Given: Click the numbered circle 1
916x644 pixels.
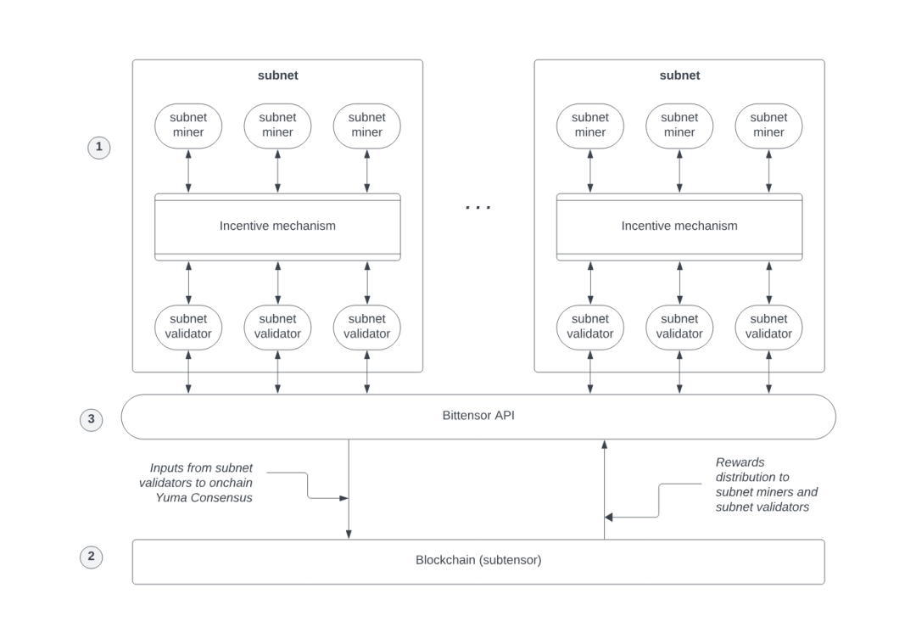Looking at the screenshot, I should coord(99,148).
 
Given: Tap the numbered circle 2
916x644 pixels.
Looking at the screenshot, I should coord(92,557).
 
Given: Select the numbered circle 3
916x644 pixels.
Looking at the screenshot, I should coord(92,418).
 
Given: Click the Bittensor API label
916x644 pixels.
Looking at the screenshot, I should coord(478,416).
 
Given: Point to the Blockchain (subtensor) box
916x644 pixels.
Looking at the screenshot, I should coord(478,561).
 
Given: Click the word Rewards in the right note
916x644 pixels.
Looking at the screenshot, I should coord(740,462).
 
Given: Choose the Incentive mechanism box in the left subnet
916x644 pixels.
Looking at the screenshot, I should coord(277,227).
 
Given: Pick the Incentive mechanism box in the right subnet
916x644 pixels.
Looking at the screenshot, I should coord(679,227).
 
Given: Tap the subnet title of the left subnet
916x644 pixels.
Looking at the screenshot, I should coord(277,76).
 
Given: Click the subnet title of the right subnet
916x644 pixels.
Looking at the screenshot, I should coord(679,76).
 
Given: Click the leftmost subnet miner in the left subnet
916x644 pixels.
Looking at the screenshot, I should coord(188,125).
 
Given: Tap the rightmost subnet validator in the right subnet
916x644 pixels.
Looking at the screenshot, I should coord(768,327).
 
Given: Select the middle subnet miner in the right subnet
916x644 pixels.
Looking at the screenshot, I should coord(679,125).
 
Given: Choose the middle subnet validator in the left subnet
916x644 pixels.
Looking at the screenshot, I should coord(277,327).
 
